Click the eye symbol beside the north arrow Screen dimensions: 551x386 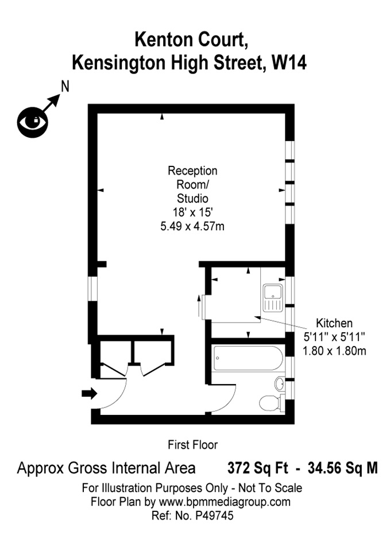(x=33, y=121)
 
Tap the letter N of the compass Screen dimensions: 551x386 (x=65, y=87)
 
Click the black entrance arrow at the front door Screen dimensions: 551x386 (x=90, y=393)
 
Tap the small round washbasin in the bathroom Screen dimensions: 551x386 (x=280, y=383)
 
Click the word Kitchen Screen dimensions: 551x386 (x=334, y=323)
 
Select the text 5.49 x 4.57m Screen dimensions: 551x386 (x=192, y=226)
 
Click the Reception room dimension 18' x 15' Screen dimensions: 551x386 (x=192, y=212)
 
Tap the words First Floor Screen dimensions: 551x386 (x=192, y=444)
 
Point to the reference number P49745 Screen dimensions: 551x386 (x=213, y=515)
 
